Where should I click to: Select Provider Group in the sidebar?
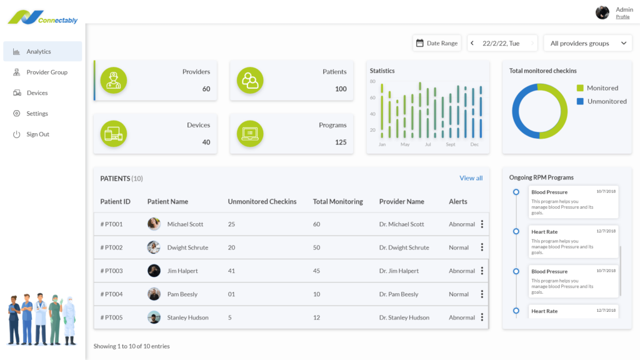(46, 72)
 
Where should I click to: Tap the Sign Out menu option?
(37, 134)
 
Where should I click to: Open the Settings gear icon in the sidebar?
(16, 114)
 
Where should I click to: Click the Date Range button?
(437, 43)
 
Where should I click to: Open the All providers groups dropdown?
(587, 43)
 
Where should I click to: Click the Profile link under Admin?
(622, 17)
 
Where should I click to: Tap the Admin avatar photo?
(602, 12)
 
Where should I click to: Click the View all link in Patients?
(471, 178)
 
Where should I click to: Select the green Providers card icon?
(113, 81)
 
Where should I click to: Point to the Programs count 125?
(340, 142)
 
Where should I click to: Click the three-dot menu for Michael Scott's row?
(482, 224)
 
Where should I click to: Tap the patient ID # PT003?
(112, 271)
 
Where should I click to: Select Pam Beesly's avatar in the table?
(154, 294)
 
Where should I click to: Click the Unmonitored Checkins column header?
(262, 202)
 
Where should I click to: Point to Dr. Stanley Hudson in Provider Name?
(404, 317)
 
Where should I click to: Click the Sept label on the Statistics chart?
(451, 144)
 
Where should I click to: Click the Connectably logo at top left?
(42, 17)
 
